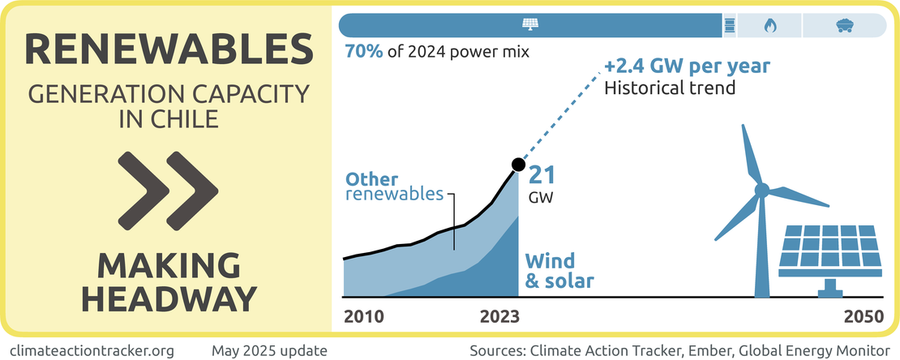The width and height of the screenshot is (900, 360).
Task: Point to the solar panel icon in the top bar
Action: [x=529, y=25]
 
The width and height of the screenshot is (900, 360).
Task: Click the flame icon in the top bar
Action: [x=769, y=25]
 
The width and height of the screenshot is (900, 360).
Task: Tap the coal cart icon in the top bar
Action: [x=843, y=25]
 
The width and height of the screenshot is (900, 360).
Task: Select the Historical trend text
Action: [x=670, y=87]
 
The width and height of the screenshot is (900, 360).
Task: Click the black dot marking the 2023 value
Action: [x=517, y=168]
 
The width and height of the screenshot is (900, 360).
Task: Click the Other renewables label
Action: [x=394, y=186]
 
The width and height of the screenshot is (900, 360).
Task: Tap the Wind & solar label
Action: [x=560, y=271]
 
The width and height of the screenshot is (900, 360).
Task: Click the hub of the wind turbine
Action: [x=761, y=191]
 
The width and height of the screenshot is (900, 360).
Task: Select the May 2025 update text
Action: [x=269, y=350]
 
